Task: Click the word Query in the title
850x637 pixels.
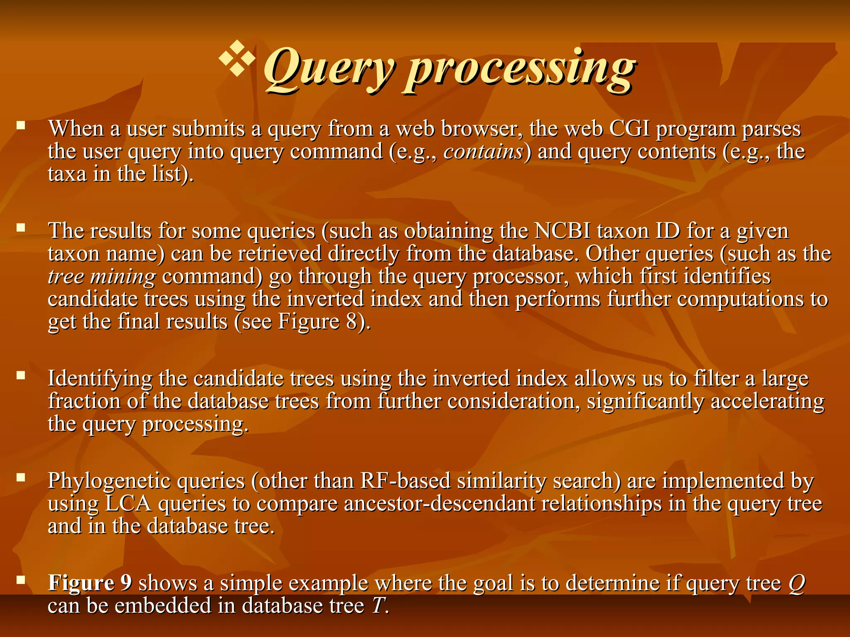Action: click(328, 68)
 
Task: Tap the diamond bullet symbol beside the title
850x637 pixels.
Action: click(237, 58)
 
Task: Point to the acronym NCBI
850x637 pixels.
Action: click(562, 231)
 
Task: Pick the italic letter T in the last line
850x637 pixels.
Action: click(378, 606)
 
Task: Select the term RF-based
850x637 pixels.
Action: click(405, 481)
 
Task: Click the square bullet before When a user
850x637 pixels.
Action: click(21, 125)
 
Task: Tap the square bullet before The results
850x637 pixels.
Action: click(21, 227)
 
